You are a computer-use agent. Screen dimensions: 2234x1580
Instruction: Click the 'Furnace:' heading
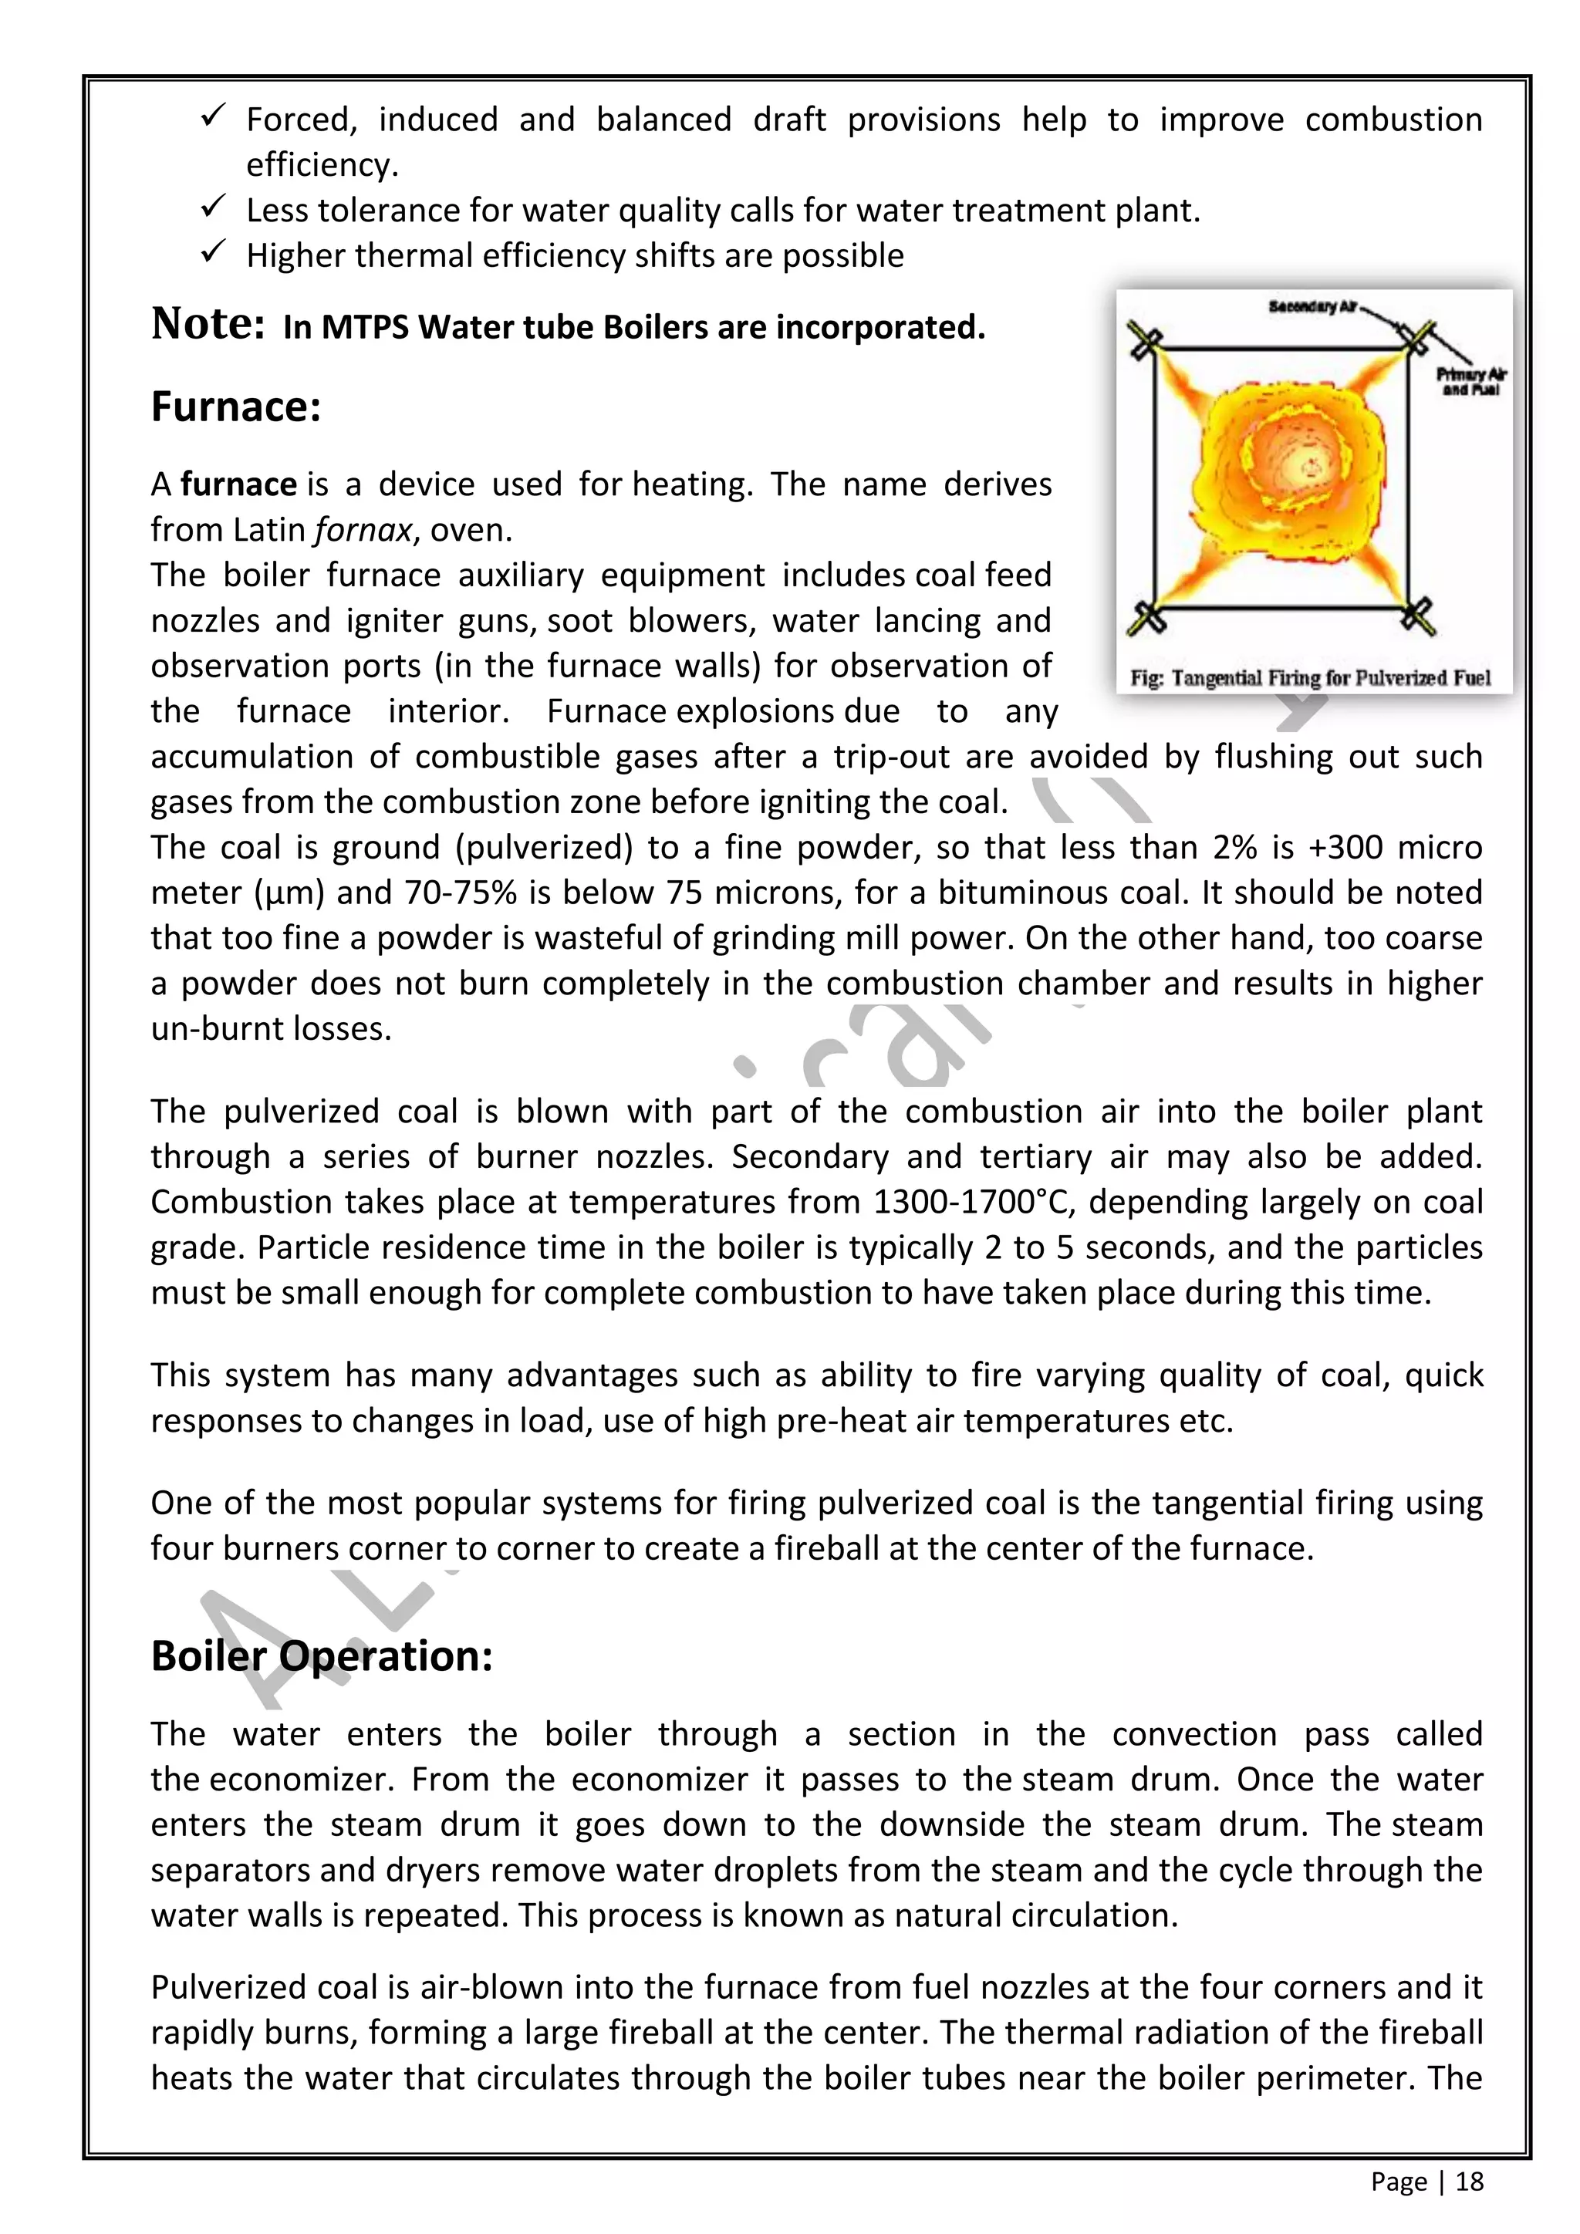coord(235,407)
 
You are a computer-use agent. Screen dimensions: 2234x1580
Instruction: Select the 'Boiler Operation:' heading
coord(321,1656)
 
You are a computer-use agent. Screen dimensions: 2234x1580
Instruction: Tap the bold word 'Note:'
coord(208,324)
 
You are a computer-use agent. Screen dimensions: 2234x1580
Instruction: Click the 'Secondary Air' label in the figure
coord(1312,308)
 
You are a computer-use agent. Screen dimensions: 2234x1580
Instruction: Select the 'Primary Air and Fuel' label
coord(1471,381)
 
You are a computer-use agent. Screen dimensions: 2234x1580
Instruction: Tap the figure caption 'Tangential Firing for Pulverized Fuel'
coord(1330,678)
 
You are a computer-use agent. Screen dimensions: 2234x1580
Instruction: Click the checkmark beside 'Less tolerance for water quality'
coord(213,208)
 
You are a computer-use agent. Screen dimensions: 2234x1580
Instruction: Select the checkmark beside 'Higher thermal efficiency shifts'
coord(213,253)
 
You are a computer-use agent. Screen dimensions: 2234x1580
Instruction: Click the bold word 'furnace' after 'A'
coord(238,484)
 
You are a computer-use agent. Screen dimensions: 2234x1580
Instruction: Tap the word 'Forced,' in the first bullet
coord(302,120)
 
